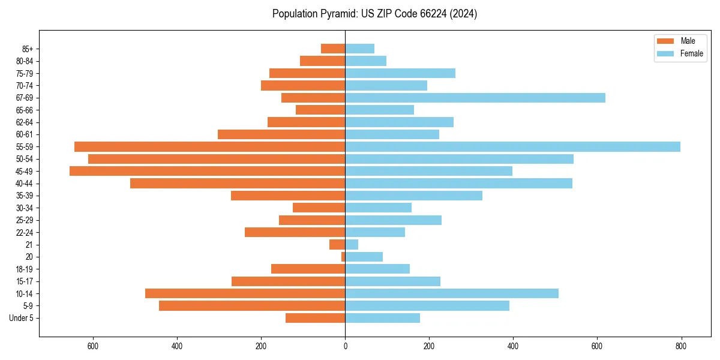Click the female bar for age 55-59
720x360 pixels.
(512, 147)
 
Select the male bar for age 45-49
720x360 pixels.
(207, 171)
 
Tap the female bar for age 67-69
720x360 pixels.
(475, 98)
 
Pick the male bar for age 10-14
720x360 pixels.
(245, 293)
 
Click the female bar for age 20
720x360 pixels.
(364, 257)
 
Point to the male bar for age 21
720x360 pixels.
(337, 245)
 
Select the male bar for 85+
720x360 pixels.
(333, 49)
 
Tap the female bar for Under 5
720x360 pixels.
(382, 318)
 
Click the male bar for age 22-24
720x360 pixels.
(295, 232)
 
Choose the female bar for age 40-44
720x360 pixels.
(458, 184)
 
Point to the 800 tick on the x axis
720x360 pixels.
(681, 346)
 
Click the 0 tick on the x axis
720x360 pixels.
(345, 346)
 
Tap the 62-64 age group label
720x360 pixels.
(25, 122)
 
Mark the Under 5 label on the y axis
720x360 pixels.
(22, 318)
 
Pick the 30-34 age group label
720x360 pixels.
(25, 208)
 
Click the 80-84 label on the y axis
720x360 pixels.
(25, 61)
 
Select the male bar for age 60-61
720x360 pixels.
(281, 134)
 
